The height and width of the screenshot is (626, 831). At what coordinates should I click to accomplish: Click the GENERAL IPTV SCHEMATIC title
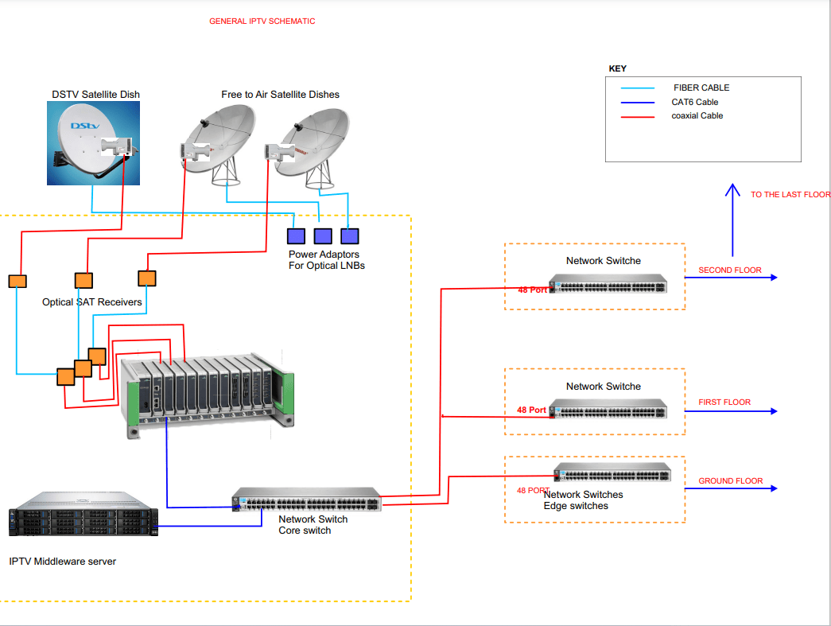pyautogui.click(x=262, y=21)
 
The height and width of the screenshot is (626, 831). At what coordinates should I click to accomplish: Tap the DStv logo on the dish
pyautogui.click(x=83, y=126)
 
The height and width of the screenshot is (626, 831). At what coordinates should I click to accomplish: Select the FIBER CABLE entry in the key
pyautogui.click(x=701, y=88)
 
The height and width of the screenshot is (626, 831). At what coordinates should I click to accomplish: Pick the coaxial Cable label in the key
pyautogui.click(x=697, y=116)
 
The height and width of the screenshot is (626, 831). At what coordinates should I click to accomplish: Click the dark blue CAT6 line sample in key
pyautogui.click(x=639, y=103)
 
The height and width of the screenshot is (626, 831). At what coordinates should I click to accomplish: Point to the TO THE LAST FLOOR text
pyautogui.click(x=790, y=195)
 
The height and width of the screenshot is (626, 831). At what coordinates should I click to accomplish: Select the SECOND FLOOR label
pyautogui.click(x=729, y=270)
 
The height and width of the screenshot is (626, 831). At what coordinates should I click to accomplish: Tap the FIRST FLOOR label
pyautogui.click(x=724, y=402)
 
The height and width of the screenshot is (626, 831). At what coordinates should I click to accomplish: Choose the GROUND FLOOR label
pyautogui.click(x=730, y=481)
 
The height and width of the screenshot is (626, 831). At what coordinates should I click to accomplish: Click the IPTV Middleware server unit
pyautogui.click(x=83, y=514)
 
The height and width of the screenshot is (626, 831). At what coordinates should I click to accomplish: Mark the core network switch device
pyautogui.click(x=306, y=500)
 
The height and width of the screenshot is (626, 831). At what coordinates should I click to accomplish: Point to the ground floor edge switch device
pyautogui.click(x=612, y=473)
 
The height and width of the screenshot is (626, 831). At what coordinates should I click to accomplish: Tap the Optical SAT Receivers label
pyautogui.click(x=92, y=302)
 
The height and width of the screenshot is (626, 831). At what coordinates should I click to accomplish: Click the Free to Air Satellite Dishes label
pyautogui.click(x=280, y=95)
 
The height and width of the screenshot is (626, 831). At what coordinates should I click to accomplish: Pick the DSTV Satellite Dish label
pyautogui.click(x=95, y=95)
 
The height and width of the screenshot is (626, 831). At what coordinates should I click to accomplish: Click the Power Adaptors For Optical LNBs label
pyautogui.click(x=326, y=260)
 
